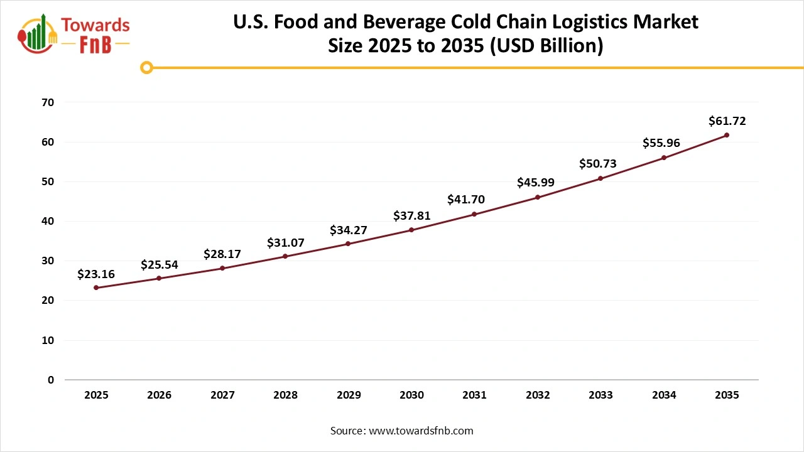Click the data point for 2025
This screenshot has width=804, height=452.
[96, 288]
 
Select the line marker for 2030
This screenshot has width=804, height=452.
[411, 230]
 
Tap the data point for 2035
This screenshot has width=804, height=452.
[727, 135]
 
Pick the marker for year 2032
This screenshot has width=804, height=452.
[538, 197]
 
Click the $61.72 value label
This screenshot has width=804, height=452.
[727, 121]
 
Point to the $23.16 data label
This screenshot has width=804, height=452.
[96, 274]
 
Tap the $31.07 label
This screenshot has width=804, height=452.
[285, 242]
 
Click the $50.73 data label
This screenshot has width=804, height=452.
[597, 164]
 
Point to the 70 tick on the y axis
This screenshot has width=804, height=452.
[48, 102]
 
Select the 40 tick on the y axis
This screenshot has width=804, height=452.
[48, 221]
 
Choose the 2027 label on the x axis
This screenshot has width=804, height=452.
[222, 395]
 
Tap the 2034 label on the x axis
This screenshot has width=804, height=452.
[664, 395]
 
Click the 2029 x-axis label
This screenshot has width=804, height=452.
[349, 395]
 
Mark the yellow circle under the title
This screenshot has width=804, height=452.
[146, 67]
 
